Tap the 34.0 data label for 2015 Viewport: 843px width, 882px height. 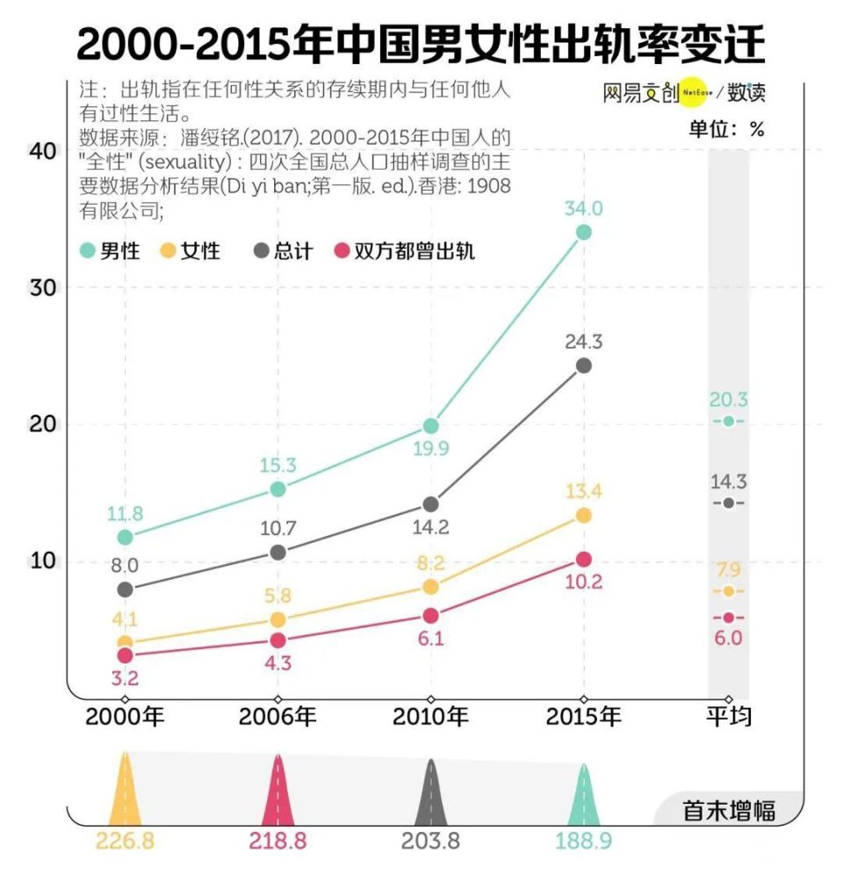[x=583, y=208]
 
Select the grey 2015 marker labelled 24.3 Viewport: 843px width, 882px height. [x=583, y=365]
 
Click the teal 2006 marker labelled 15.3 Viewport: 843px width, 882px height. [x=277, y=488]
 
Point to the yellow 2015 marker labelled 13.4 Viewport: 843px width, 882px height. [x=583, y=516]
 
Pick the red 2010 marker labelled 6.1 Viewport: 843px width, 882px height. [x=430, y=616]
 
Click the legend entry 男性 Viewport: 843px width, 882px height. [x=110, y=250]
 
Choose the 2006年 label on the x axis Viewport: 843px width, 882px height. [x=277, y=717]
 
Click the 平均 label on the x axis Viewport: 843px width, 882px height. [x=729, y=717]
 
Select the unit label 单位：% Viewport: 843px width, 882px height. [x=726, y=129]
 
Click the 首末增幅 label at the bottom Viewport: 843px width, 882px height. [x=729, y=810]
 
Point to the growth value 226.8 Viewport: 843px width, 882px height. [x=125, y=841]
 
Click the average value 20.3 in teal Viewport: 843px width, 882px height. [x=729, y=401]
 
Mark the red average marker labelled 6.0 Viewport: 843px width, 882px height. [x=729, y=618]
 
